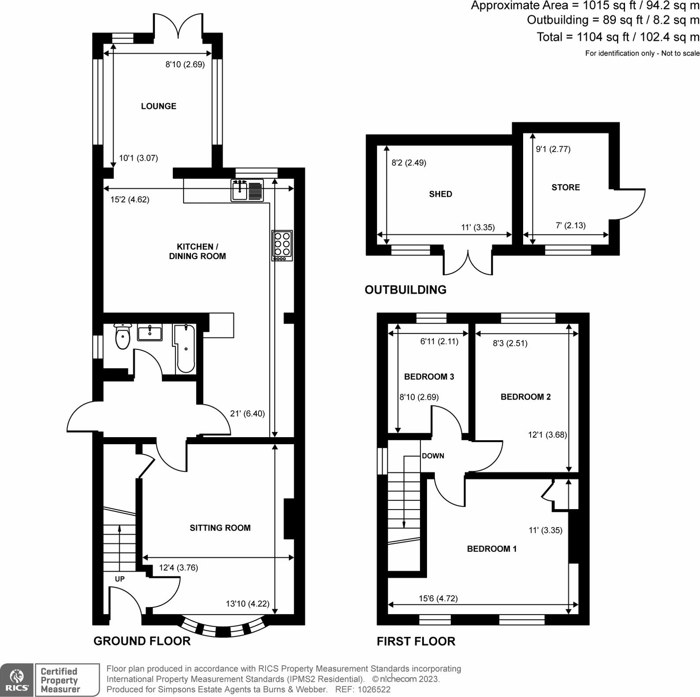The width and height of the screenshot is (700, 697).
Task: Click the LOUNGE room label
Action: pos(158,106)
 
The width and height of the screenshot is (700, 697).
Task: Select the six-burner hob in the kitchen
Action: pos(282,245)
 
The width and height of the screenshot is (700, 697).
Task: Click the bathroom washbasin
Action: pos(150,332)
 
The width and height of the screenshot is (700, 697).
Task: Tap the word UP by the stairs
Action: pos(120,579)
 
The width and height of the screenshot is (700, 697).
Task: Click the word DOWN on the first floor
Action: pos(433,456)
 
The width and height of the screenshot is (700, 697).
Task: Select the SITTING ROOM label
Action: pos(220,528)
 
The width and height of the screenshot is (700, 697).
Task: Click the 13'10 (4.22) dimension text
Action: pos(247,603)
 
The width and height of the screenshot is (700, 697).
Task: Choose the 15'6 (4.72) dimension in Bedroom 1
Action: pos(438,598)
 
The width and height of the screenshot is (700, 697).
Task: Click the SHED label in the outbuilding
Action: pos(440,194)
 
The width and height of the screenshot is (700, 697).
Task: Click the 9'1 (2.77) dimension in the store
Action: pos(553,149)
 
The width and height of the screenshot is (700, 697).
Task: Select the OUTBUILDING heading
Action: pos(405,289)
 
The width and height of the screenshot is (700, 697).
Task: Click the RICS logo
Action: pos(17,680)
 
